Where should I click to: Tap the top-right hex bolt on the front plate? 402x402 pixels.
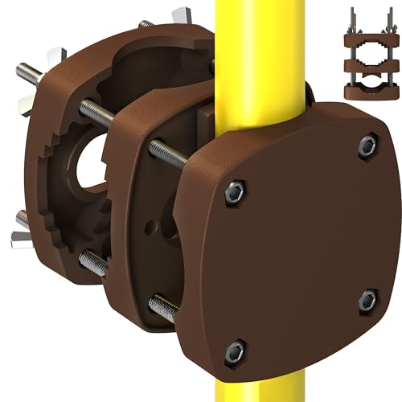(367, 146)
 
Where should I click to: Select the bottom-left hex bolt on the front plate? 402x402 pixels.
(234, 350)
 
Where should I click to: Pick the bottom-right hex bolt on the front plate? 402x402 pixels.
(367, 300)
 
